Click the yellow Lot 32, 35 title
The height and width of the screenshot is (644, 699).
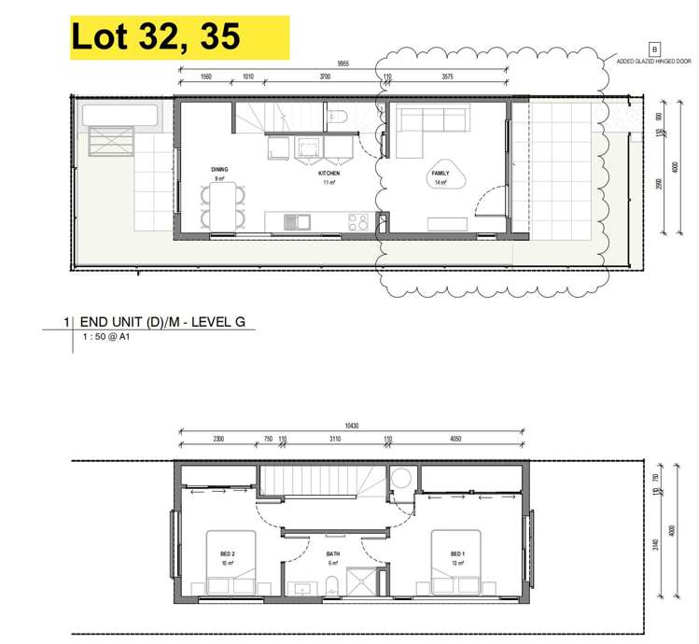(x=156, y=36)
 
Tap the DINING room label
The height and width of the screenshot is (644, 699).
(x=220, y=169)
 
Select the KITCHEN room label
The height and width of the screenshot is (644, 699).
(x=329, y=174)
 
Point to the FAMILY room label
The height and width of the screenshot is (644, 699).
(x=440, y=174)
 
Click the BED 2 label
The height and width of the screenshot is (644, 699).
(x=227, y=554)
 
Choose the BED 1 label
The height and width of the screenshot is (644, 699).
(x=456, y=554)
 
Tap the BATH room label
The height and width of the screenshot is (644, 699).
(x=333, y=554)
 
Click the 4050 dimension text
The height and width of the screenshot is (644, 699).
(x=456, y=438)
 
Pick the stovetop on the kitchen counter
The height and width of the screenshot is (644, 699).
(x=358, y=222)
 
